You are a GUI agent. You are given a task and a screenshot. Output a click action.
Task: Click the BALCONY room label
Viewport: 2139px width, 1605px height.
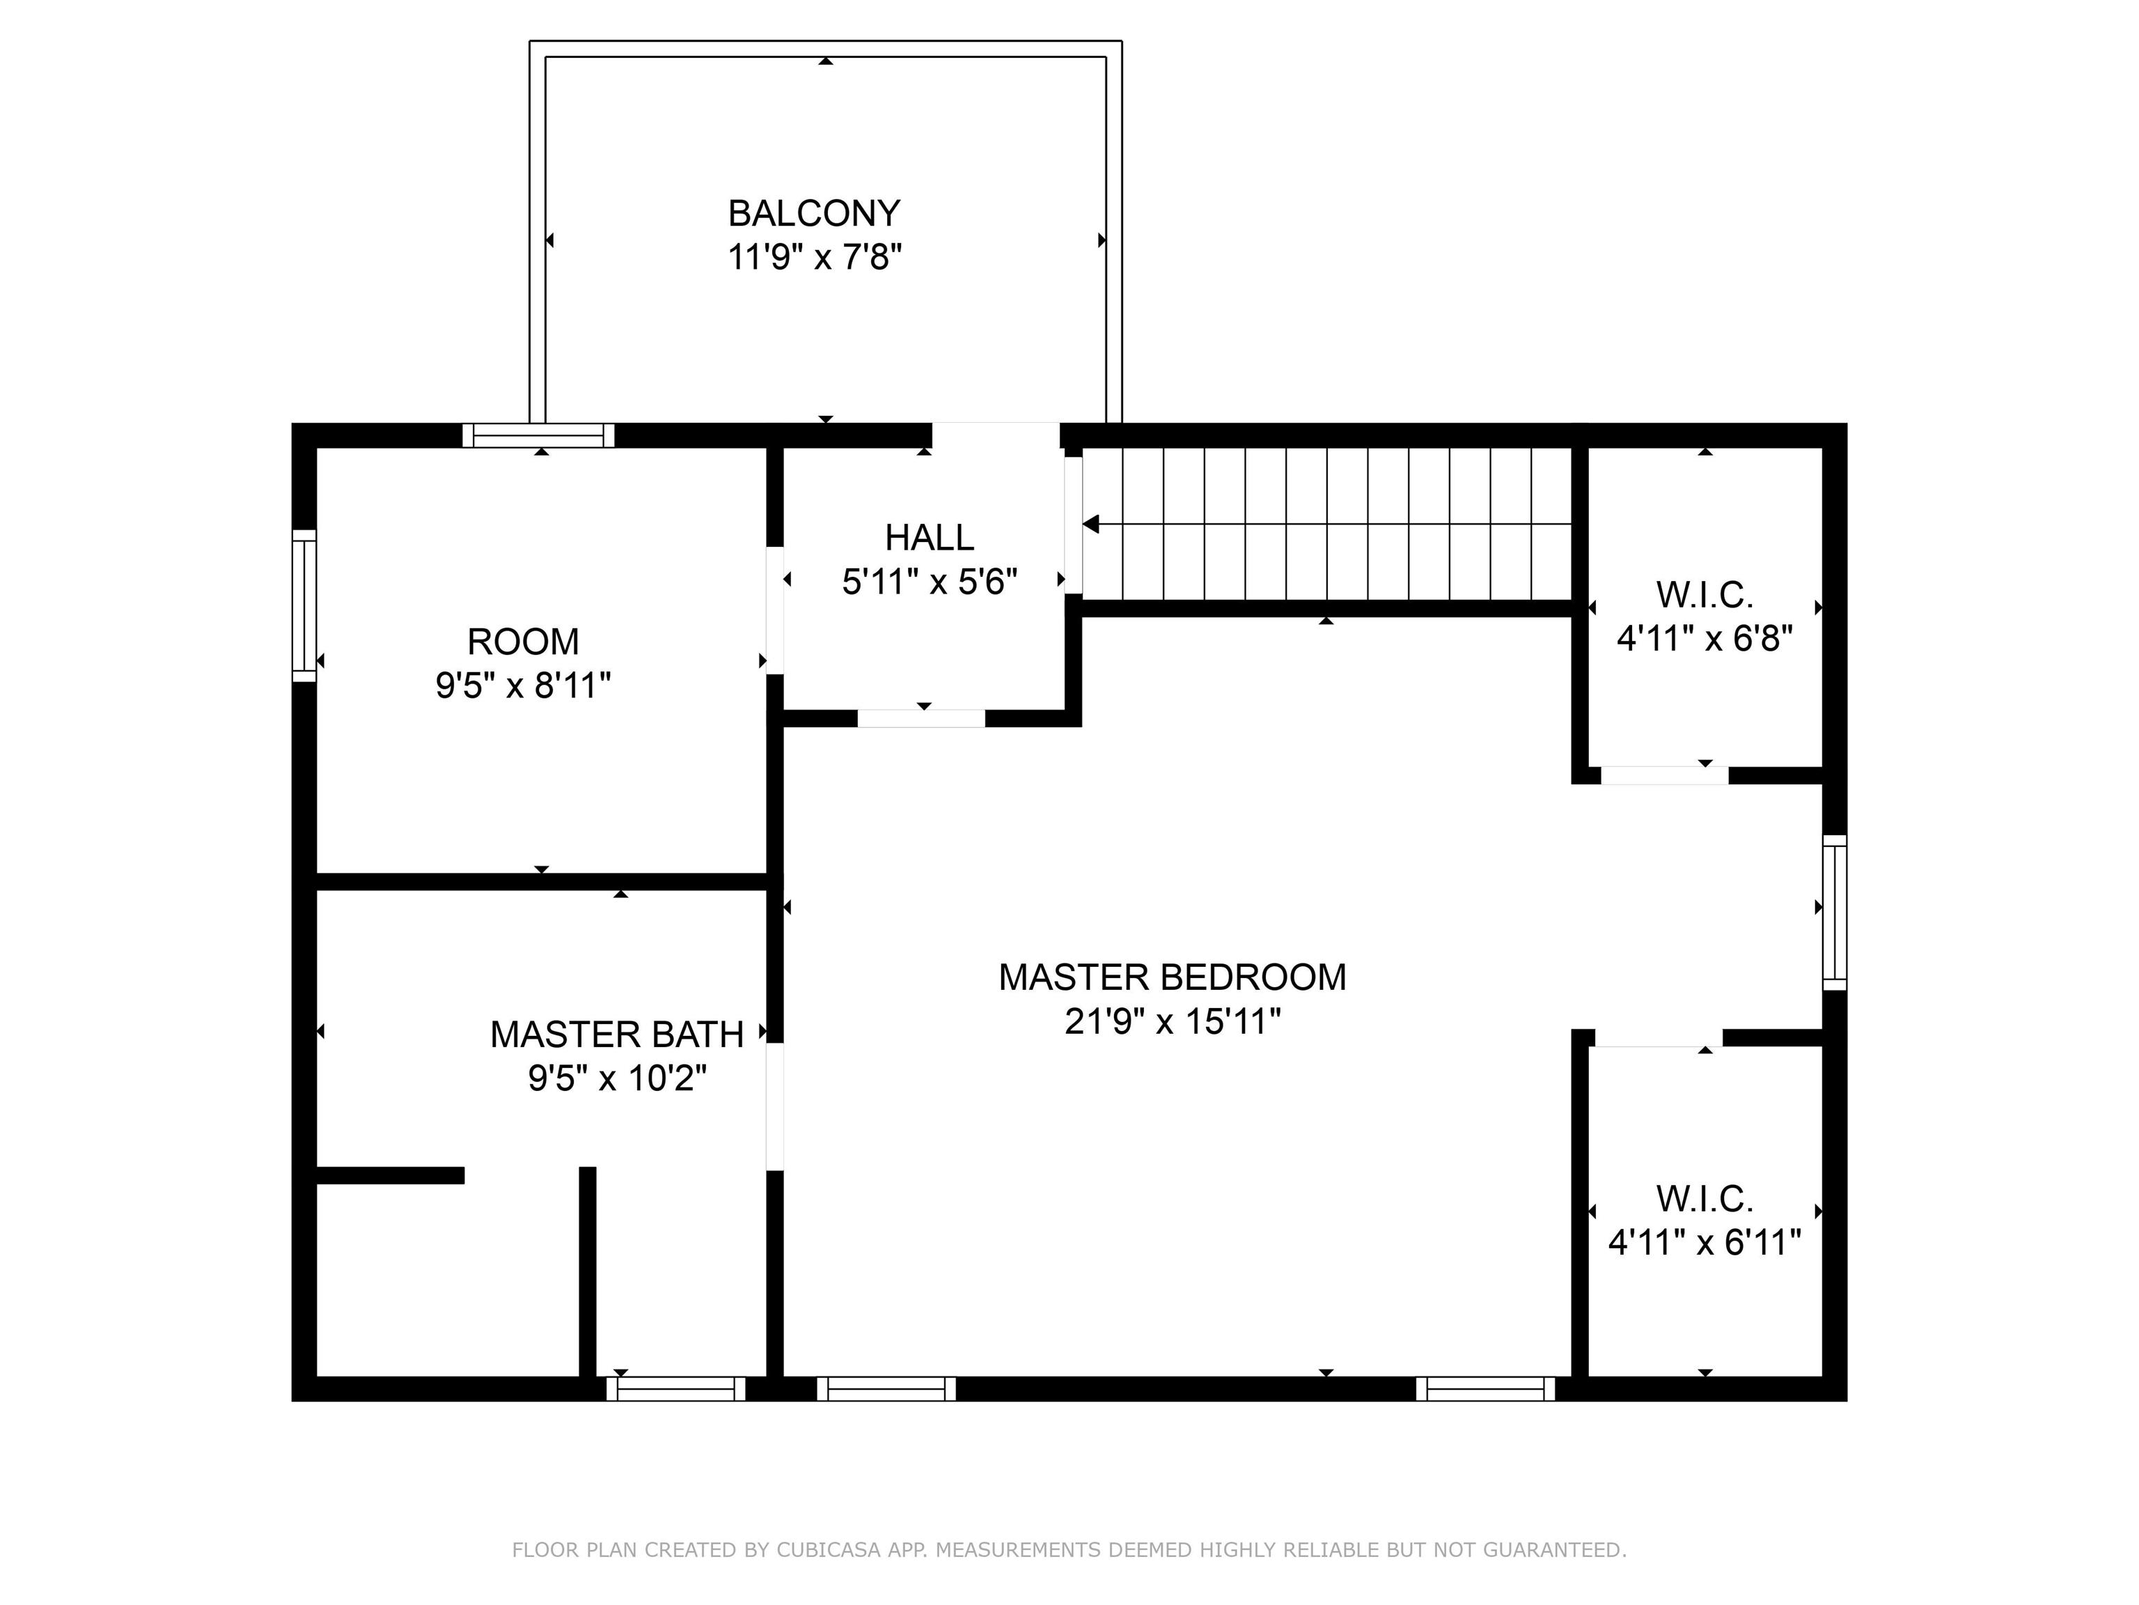(814, 213)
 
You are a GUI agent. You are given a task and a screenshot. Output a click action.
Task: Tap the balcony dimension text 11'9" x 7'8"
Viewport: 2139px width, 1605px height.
(814, 257)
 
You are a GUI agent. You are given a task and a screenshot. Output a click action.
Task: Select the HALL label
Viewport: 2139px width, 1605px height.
(930, 537)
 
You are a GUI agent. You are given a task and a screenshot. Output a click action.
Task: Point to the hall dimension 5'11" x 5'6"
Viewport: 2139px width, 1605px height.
(930, 582)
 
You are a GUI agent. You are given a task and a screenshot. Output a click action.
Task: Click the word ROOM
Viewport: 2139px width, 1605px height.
(523, 642)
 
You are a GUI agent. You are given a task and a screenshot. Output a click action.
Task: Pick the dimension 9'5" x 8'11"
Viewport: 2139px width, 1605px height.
(523, 686)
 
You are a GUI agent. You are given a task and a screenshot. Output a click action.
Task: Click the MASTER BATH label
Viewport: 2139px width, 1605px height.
(617, 1034)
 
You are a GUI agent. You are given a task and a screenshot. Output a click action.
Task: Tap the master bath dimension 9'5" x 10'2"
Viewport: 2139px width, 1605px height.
(617, 1078)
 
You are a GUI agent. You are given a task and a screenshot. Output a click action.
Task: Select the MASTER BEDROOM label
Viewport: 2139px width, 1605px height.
(1172, 977)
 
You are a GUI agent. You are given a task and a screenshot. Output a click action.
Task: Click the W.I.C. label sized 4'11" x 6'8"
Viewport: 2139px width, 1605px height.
(1705, 595)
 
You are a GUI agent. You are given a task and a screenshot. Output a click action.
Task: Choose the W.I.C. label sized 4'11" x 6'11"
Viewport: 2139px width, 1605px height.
(1705, 1200)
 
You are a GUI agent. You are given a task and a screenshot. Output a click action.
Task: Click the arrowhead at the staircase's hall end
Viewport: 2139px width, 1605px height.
(1092, 525)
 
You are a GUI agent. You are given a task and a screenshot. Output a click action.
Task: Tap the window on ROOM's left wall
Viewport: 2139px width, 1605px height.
(304, 605)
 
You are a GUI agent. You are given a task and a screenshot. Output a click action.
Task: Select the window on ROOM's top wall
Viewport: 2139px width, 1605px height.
(539, 435)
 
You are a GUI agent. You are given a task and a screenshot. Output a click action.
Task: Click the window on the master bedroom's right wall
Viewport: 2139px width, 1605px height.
(1835, 913)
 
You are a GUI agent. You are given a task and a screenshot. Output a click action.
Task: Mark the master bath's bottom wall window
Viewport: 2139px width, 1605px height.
(676, 1388)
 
